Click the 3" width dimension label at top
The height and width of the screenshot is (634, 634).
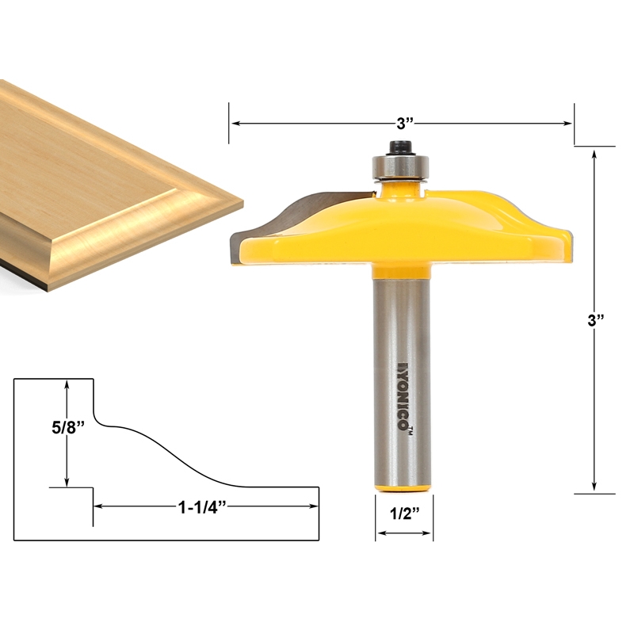point(405,124)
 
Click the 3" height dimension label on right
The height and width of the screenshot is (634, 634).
point(595,321)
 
